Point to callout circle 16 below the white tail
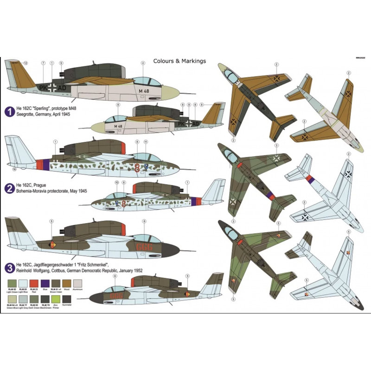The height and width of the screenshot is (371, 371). point(14,170)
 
